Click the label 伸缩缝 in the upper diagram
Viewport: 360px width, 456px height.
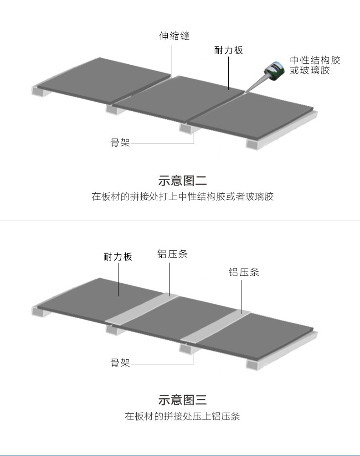click(x=174, y=36)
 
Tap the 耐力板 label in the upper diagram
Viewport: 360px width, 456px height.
click(x=228, y=50)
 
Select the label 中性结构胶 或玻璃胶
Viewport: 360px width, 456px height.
click(x=315, y=65)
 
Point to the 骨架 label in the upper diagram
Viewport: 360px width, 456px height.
click(x=120, y=143)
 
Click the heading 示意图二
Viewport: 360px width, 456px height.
click(x=182, y=181)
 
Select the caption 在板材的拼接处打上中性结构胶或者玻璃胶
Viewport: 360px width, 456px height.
click(x=182, y=197)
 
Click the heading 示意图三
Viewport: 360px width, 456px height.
click(x=182, y=400)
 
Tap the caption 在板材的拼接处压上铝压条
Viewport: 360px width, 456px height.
click(x=182, y=416)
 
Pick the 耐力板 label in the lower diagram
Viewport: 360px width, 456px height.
click(x=118, y=257)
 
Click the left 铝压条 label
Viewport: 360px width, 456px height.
click(x=172, y=254)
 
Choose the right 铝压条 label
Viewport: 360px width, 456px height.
click(x=244, y=273)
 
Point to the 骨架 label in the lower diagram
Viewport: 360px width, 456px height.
click(x=120, y=363)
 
